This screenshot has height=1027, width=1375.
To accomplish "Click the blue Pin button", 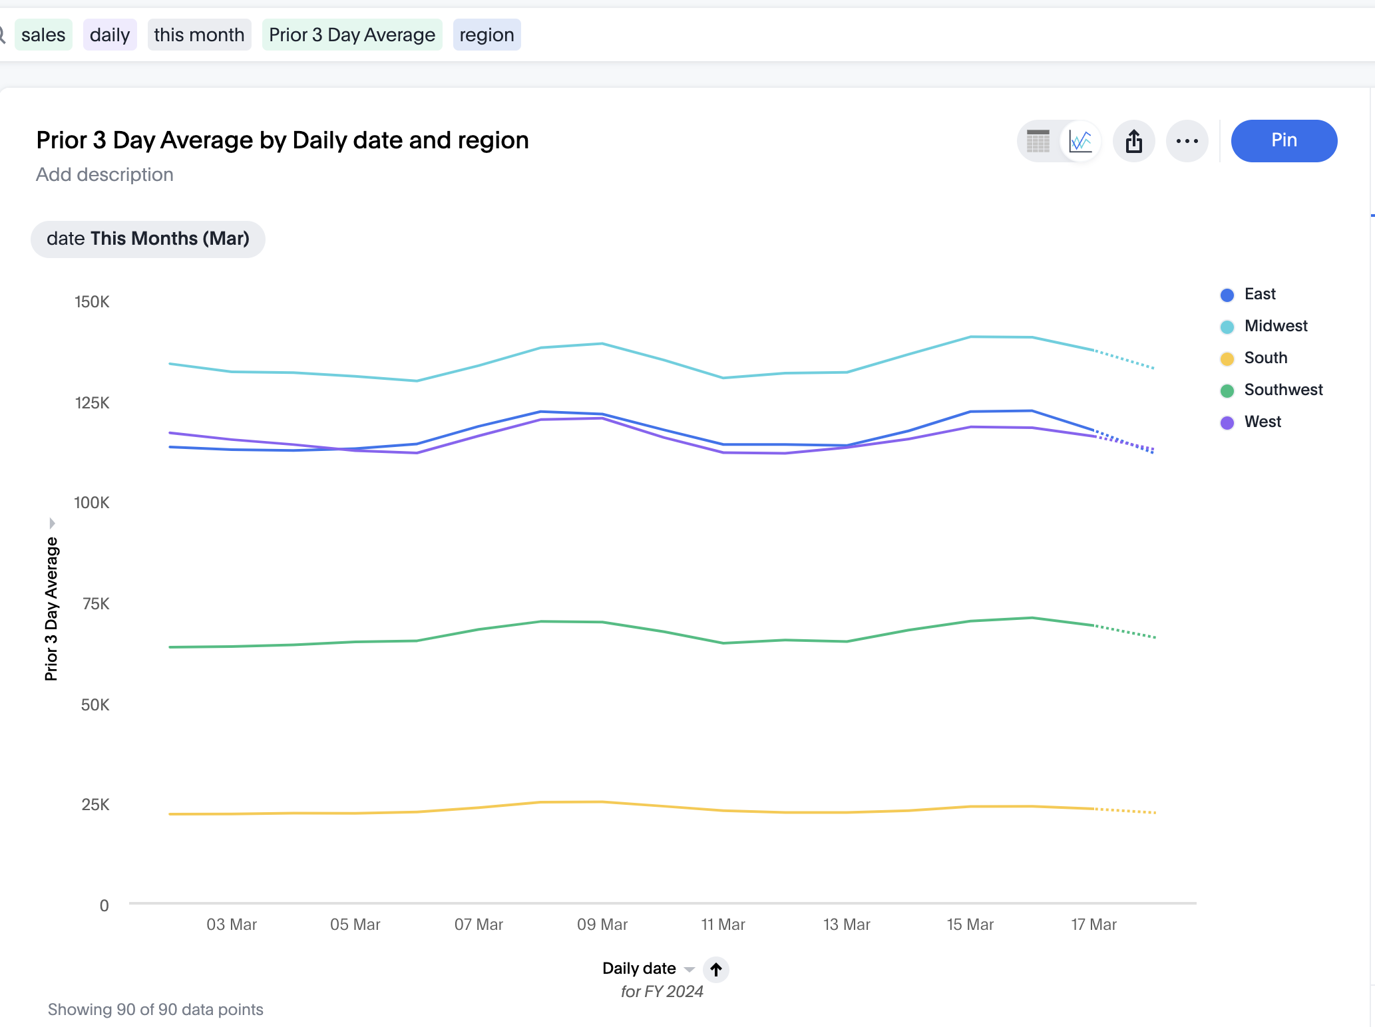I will coord(1283,140).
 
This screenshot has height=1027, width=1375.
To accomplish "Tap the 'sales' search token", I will coord(43,35).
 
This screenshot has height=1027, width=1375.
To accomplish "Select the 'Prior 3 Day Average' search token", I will coord(351,35).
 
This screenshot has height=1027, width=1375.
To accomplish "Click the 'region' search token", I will coord(487,35).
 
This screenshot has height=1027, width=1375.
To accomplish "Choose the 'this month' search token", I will coord(199,35).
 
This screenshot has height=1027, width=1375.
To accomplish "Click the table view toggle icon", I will coord(1038,141).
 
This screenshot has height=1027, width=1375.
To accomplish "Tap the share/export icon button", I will coord(1133,141).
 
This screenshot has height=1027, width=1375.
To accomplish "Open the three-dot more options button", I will coord(1187,141).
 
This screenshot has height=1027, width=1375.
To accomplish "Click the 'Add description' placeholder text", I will coord(104,174).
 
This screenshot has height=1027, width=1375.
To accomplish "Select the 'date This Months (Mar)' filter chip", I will coord(148,239).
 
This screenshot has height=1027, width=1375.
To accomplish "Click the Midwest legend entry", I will coord(1275,326).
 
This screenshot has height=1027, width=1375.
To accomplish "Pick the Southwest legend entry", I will coord(1282,390).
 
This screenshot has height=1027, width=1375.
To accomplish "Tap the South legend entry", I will coord(1265,358).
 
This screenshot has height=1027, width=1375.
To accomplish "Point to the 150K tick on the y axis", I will coord(92,302).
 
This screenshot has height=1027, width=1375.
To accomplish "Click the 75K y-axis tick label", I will coord(96,604).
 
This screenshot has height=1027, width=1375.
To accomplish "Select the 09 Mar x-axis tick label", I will coord(602,925).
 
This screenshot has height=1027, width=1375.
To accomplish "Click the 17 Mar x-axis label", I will coord(1093,925).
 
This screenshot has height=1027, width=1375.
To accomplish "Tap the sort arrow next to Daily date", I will coord(716,969).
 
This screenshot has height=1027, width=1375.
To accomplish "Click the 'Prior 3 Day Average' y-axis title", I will coord(51,609).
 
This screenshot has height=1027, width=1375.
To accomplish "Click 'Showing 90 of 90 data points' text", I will coord(155,1010).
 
